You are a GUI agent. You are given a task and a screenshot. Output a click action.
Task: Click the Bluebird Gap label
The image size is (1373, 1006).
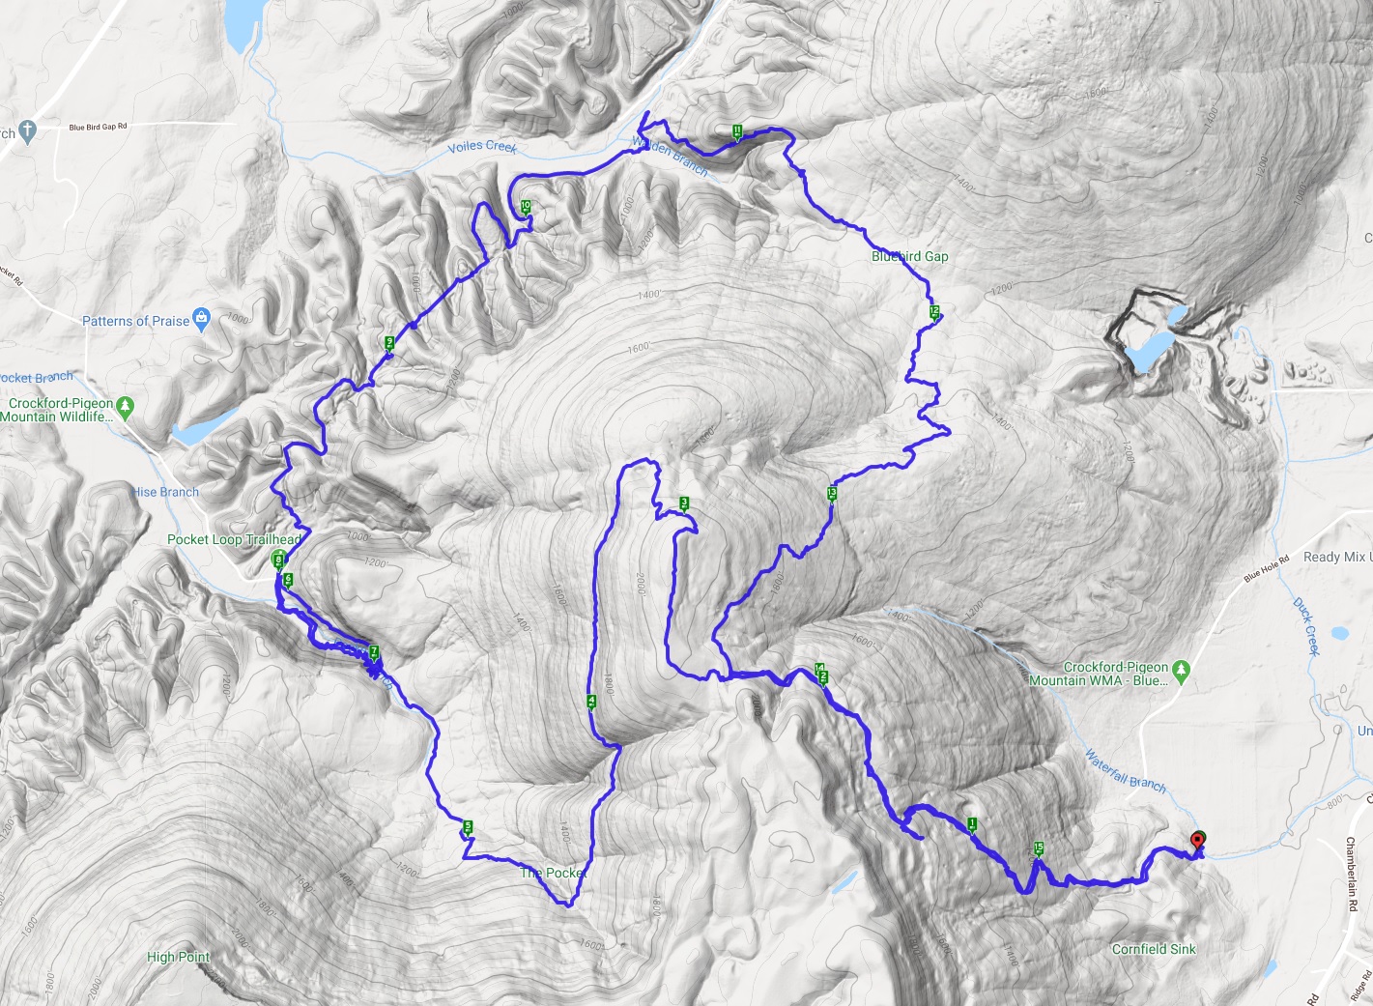pyautogui.click(x=909, y=256)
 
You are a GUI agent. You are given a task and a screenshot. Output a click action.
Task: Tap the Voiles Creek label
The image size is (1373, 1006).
pyautogui.click(x=482, y=147)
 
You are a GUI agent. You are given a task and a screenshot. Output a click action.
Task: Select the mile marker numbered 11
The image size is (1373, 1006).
pyautogui.click(x=737, y=131)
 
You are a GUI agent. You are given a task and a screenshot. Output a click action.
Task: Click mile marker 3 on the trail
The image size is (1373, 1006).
pyautogui.click(x=684, y=503)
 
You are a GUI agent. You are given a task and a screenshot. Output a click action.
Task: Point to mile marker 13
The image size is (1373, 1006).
pyautogui.click(x=832, y=495)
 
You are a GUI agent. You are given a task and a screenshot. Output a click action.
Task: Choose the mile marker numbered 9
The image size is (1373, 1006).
pyautogui.click(x=389, y=343)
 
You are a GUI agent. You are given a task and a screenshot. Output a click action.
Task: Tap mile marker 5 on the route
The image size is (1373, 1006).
pyautogui.click(x=468, y=827)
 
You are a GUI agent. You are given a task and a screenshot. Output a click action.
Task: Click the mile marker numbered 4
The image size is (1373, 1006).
pyautogui.click(x=591, y=703)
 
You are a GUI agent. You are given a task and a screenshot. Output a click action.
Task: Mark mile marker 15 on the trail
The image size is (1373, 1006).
pyautogui.click(x=1039, y=849)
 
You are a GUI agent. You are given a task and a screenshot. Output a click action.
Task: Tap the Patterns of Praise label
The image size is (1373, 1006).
pyautogui.click(x=135, y=321)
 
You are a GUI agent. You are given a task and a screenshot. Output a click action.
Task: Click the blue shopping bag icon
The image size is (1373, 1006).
pyautogui.click(x=201, y=317)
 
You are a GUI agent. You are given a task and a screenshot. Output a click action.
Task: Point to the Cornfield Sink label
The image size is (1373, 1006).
pyautogui.click(x=1154, y=949)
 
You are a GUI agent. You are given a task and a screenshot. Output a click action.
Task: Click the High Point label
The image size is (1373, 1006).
pyautogui.click(x=178, y=957)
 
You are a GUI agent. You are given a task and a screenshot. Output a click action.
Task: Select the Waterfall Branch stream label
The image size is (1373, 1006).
pyautogui.click(x=1125, y=770)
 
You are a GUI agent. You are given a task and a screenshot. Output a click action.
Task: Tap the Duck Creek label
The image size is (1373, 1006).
pyautogui.click(x=1306, y=626)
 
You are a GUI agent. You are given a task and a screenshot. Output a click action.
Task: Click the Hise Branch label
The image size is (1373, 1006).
pyautogui.click(x=166, y=492)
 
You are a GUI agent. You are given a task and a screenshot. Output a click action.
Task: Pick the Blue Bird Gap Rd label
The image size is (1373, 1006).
pyautogui.click(x=98, y=127)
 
